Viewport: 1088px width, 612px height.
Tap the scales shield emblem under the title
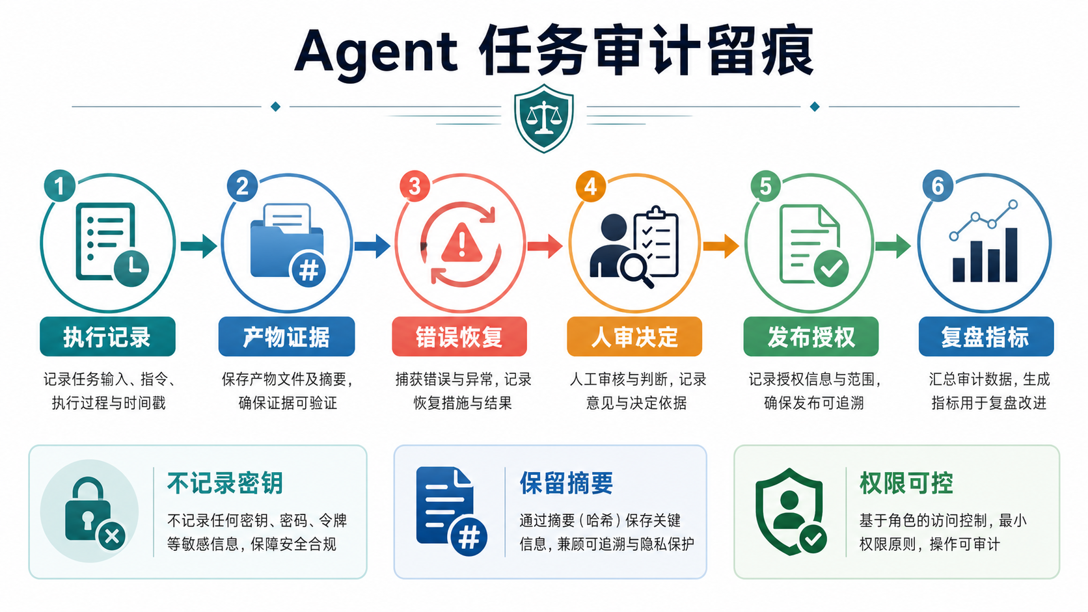click(x=543, y=118)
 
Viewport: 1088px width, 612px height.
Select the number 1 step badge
click(x=59, y=185)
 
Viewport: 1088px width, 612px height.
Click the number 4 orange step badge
click(x=591, y=186)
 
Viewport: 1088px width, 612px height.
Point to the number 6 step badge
click(x=938, y=185)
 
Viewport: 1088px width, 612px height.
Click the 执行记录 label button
click(x=107, y=336)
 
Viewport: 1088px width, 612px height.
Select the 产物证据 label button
click(x=286, y=336)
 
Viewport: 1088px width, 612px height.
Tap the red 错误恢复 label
click(x=459, y=336)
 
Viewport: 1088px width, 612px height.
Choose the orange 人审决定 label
click(x=634, y=336)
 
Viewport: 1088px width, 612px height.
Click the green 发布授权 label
click(x=811, y=336)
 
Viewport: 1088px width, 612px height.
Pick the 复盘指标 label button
click(x=986, y=336)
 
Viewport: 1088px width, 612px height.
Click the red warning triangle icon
click(x=462, y=242)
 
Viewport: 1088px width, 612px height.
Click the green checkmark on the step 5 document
click(x=831, y=269)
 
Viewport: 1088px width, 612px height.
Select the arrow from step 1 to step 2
click(x=198, y=246)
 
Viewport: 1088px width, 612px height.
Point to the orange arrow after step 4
click(x=721, y=246)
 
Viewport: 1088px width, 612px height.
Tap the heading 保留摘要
click(x=566, y=483)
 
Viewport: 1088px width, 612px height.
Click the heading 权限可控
click(x=906, y=483)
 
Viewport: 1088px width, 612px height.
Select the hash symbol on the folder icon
click(x=309, y=270)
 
